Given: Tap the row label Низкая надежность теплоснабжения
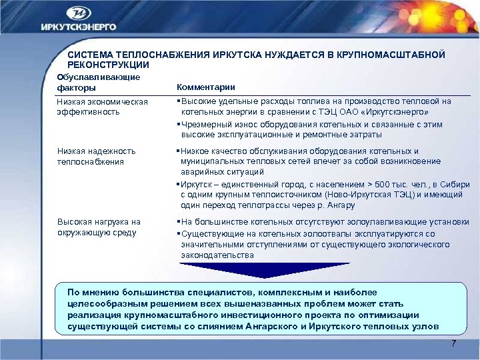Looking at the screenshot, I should pos(96,156).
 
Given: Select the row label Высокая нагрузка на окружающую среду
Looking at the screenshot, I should pos(99,227).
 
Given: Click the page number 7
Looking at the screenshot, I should pos(453,343).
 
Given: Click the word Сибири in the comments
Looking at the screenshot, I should pos(456,184).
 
